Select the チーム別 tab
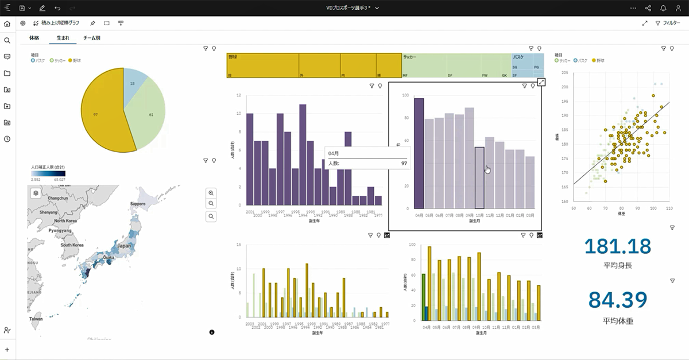(91, 38)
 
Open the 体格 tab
(34, 38)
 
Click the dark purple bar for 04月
(419, 153)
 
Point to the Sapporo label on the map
(138, 204)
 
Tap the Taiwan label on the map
(36, 318)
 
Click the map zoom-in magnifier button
(211, 193)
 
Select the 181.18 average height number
(618, 247)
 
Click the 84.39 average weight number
(618, 300)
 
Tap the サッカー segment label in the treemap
(410, 57)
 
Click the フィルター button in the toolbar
(668, 23)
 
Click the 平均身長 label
(618, 266)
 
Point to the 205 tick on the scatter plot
(564, 73)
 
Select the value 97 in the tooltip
(404, 164)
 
